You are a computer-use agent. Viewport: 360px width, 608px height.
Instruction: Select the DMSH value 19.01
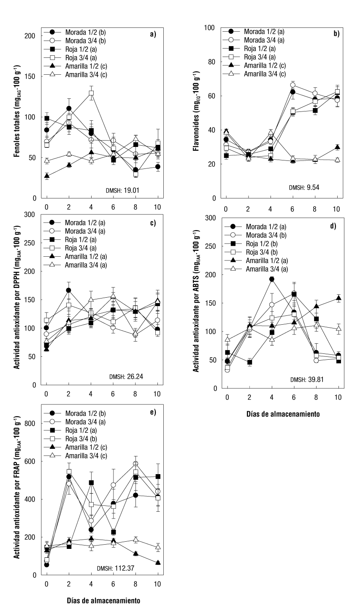click(131, 190)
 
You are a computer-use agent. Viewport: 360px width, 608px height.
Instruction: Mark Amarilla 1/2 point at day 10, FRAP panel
click(158, 563)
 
